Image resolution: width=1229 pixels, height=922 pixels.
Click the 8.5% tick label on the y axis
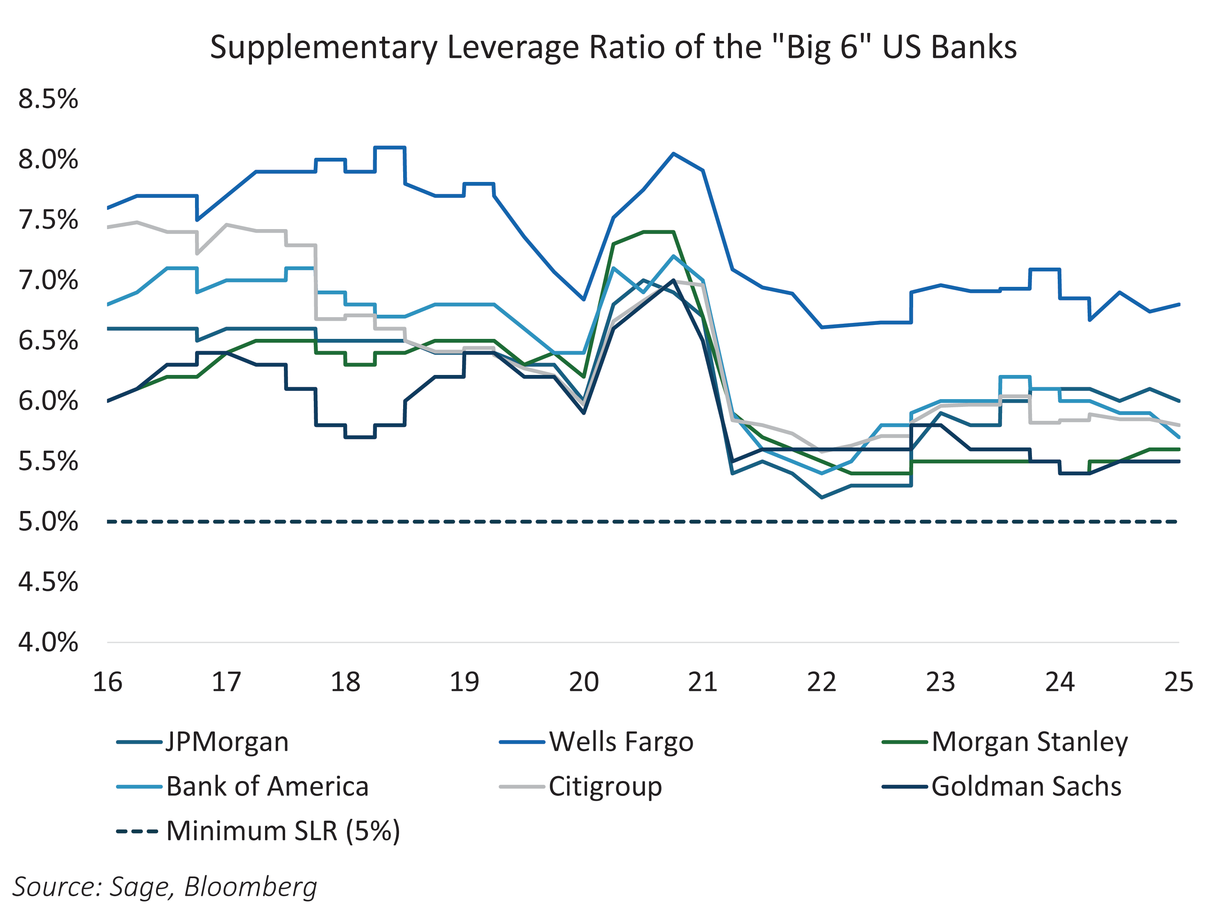48,100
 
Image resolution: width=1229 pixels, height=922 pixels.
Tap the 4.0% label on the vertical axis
48,643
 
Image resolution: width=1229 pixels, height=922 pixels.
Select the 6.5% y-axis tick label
48,341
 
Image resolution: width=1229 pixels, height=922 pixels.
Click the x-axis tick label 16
107,682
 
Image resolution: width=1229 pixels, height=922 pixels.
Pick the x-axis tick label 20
583,682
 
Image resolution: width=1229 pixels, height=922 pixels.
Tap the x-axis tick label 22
821,682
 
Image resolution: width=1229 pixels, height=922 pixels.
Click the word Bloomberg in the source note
251,886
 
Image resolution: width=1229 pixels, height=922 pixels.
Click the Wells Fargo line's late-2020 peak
673,153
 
